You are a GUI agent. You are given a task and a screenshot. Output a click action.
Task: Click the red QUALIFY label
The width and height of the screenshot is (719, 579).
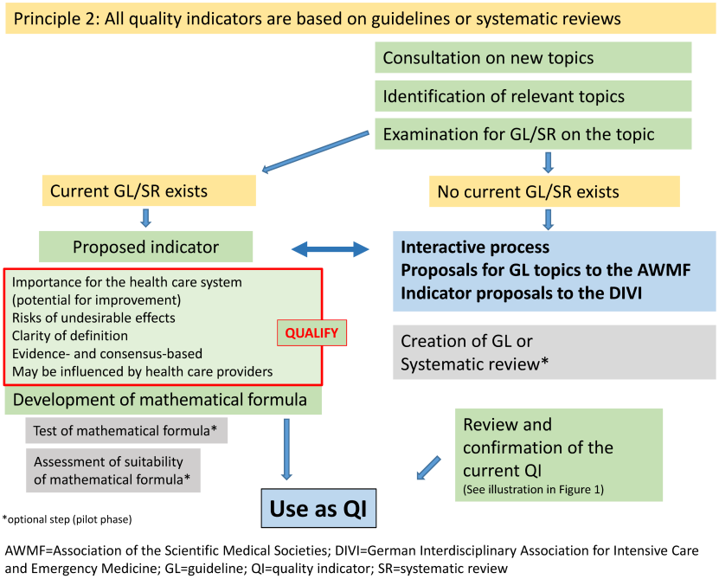(x=311, y=332)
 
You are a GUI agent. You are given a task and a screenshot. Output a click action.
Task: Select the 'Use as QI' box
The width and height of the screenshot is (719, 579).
(x=319, y=508)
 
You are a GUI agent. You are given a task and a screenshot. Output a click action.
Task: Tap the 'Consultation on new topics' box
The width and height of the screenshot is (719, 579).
(x=533, y=58)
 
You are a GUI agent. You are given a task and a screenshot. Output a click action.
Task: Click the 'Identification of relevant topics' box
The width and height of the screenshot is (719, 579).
(x=533, y=96)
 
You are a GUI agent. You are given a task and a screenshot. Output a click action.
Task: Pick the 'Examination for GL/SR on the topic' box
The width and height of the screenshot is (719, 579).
(x=533, y=134)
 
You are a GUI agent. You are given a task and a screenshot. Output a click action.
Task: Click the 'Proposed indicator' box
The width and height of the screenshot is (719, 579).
(x=146, y=247)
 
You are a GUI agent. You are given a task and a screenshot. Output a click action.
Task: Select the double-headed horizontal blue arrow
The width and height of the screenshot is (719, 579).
(x=329, y=249)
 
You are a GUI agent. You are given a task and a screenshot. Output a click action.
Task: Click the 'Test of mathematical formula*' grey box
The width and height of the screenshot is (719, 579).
(x=125, y=430)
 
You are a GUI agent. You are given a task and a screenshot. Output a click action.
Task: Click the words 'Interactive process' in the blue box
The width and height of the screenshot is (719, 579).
(x=475, y=248)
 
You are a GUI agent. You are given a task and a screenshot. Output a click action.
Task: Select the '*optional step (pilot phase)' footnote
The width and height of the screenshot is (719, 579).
(x=67, y=519)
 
